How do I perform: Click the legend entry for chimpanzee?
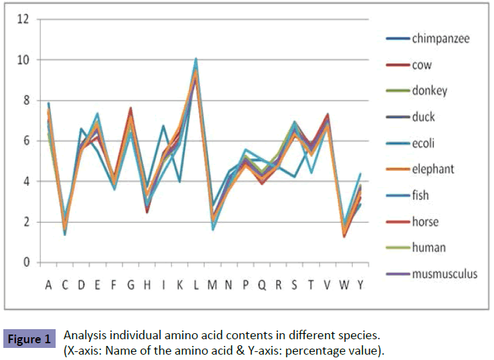tap(440, 38)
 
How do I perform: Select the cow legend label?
tap(422, 65)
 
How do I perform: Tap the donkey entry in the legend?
tap(430, 91)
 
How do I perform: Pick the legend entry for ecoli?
tap(424, 143)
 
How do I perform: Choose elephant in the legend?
tap(432, 169)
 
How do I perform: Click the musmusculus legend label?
tap(444, 274)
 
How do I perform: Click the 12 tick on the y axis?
tap(23, 19)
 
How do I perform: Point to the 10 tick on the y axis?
tap(23, 60)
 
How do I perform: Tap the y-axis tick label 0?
tap(26, 263)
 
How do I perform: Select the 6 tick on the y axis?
tap(26, 141)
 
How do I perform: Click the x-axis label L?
tap(196, 286)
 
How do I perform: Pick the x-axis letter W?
tap(344, 286)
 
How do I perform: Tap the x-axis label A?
tap(48, 286)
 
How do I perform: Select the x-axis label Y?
tap(361, 286)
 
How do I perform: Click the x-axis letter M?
tap(212, 286)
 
